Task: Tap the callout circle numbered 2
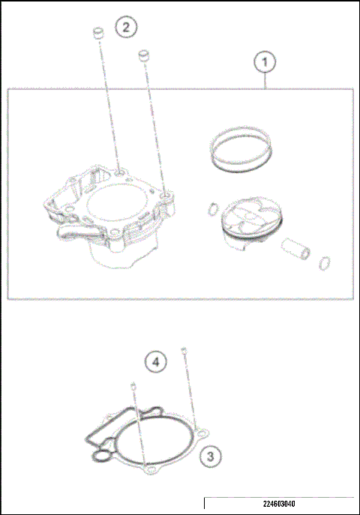coord(126,28)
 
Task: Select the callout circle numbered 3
coord(211,455)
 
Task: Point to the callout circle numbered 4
coord(156,362)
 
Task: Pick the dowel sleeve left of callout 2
coord(97,35)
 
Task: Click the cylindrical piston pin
coord(295,248)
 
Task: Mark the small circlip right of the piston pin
coord(324,262)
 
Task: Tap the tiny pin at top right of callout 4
coord(183,350)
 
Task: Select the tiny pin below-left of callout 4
coord(133,386)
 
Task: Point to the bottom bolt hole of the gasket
coord(150,469)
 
